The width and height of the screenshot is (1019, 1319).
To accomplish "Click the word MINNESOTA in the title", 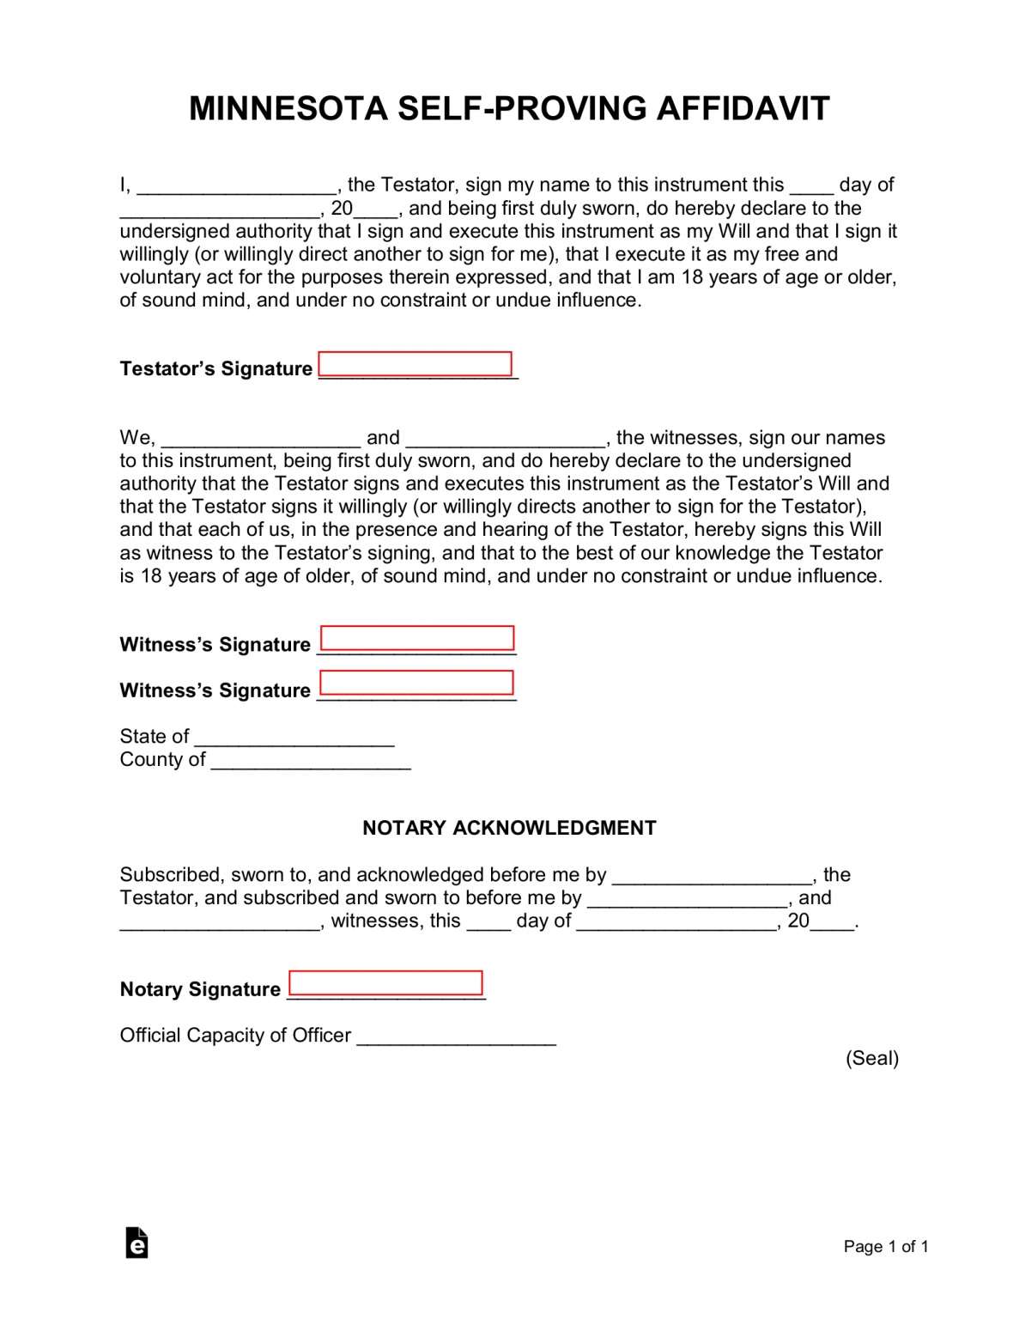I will (x=288, y=109).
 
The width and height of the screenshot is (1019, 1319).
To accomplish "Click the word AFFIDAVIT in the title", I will (x=743, y=109).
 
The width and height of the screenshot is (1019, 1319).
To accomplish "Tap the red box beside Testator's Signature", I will (x=415, y=364).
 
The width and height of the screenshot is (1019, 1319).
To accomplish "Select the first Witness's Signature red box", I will (x=417, y=638).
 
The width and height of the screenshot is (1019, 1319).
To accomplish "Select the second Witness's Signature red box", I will (x=416, y=683).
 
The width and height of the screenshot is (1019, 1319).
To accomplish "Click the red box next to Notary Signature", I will (x=385, y=983).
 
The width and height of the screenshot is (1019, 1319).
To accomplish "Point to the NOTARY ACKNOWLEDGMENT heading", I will (x=509, y=828).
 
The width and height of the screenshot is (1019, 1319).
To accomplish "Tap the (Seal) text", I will (x=872, y=1058).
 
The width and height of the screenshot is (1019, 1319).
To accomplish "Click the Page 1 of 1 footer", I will (x=885, y=1246).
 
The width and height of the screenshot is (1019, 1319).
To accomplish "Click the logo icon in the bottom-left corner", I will (x=136, y=1243).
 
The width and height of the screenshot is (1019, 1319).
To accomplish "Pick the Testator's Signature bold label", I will (x=216, y=368).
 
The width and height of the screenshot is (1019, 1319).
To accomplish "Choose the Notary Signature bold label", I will (x=200, y=989).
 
